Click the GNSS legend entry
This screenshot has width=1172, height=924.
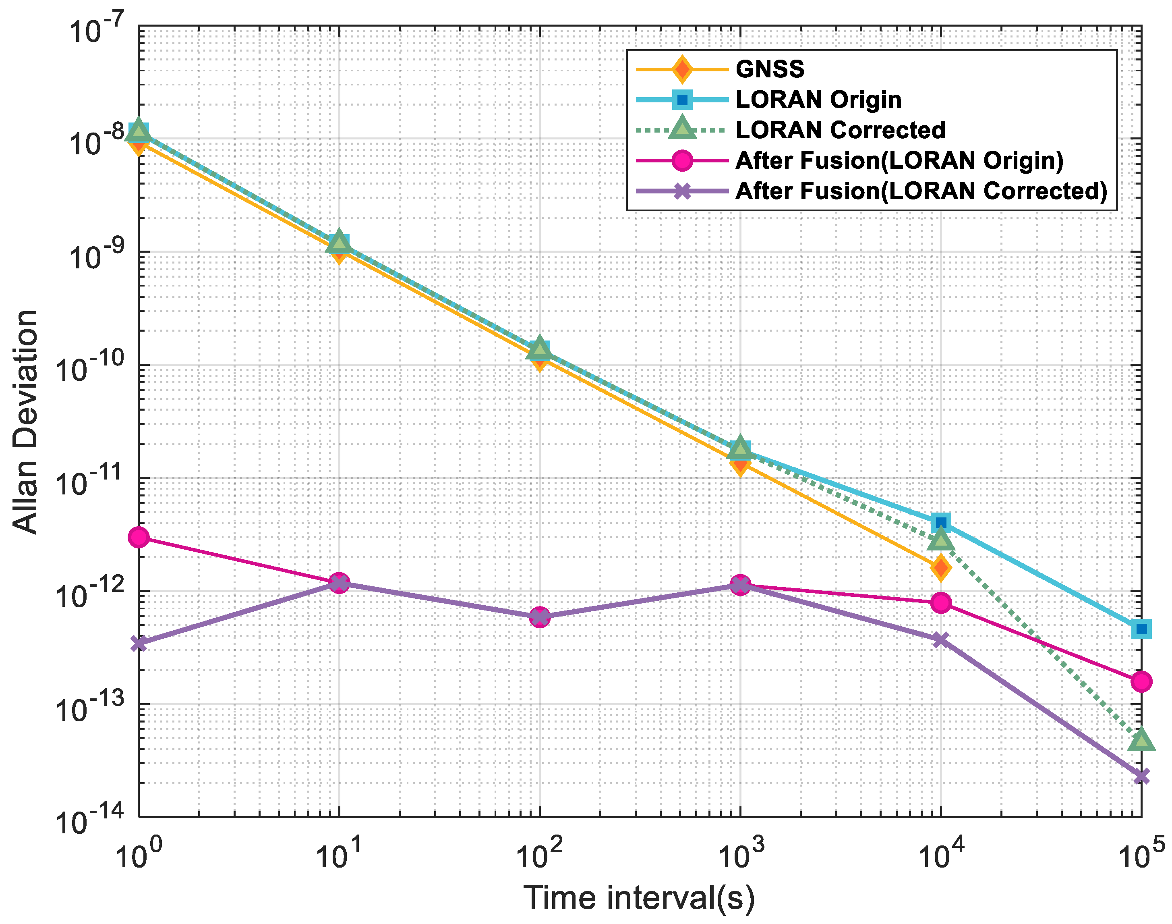pyautogui.click(x=769, y=69)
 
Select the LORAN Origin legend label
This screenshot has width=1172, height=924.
pyautogui.click(x=818, y=100)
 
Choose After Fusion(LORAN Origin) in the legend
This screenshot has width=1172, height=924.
pyautogui.click(x=899, y=161)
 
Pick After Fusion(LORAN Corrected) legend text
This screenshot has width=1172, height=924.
pyautogui.click(x=921, y=191)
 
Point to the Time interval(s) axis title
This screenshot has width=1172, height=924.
pyautogui.click(x=639, y=897)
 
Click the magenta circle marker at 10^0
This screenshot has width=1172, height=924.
pyautogui.click(x=139, y=537)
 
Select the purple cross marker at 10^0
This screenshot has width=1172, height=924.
pyautogui.click(x=139, y=643)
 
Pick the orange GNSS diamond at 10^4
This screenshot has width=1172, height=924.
pyautogui.click(x=941, y=568)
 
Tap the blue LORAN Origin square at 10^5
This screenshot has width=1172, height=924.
pyautogui.click(x=1141, y=629)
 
